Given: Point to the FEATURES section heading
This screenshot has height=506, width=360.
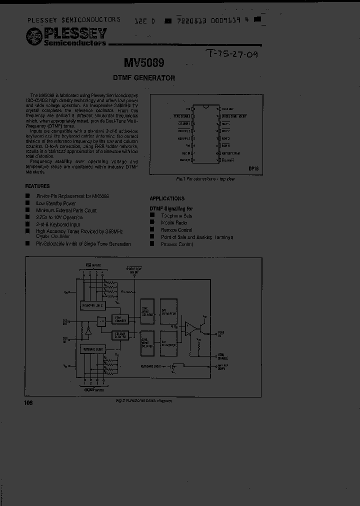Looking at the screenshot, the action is click(x=37, y=186).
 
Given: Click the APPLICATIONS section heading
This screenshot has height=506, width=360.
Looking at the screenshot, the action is click(x=167, y=198).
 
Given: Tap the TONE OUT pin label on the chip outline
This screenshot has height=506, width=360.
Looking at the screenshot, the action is click(x=228, y=108).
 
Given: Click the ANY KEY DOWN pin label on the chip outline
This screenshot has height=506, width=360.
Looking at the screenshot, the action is click(x=231, y=153).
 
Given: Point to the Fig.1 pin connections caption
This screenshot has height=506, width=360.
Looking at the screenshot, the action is click(x=205, y=179).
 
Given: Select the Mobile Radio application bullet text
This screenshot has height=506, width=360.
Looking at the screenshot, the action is click(x=174, y=223).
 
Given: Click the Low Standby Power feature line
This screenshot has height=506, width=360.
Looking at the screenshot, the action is click(x=56, y=203).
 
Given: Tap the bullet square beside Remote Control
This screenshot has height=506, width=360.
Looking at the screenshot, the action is click(x=152, y=230).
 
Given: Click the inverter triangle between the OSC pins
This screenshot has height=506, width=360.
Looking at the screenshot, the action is click(x=88, y=331).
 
